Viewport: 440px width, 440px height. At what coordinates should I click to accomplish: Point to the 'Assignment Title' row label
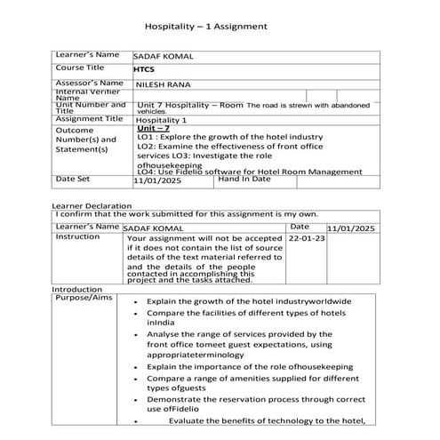tap(89, 118)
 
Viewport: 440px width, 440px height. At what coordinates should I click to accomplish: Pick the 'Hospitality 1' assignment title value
tap(162, 119)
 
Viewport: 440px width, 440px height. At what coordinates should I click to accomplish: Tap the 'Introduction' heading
tap(77, 290)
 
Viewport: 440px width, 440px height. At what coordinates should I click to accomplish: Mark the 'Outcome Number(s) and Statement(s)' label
tap(85, 140)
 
